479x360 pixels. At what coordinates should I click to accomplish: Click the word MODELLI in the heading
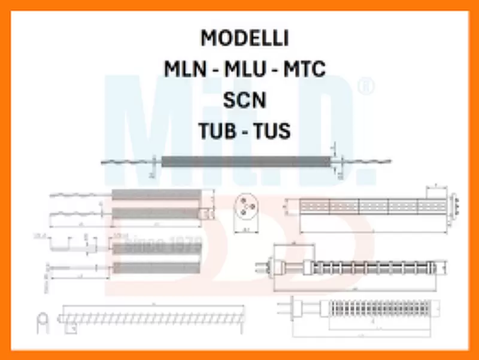(x=244, y=38)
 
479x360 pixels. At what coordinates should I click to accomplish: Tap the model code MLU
(x=245, y=69)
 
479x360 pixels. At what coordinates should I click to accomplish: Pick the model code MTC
(x=304, y=69)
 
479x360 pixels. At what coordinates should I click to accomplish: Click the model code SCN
(x=244, y=101)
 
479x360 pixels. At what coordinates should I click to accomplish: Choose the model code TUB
(x=218, y=131)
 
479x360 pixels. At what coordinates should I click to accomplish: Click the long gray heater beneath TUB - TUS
(x=245, y=162)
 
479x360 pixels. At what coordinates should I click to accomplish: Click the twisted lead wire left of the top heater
(x=129, y=162)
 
